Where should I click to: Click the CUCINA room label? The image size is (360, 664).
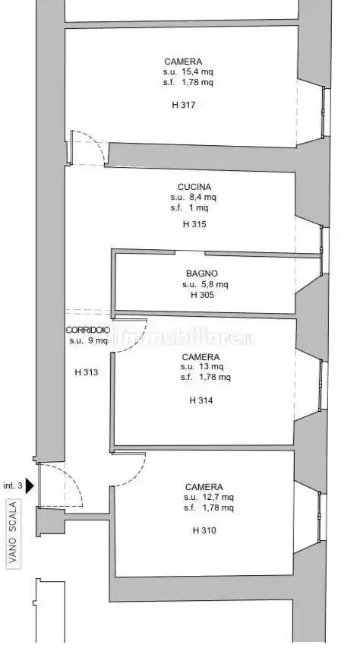pyautogui.click(x=194, y=187)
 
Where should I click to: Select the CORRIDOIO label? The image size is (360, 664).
pyautogui.click(x=88, y=330)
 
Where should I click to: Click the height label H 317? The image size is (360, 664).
pyautogui.click(x=184, y=105)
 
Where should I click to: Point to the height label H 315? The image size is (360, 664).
pyautogui.click(x=194, y=224)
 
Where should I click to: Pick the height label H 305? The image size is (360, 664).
pyautogui.click(x=203, y=295)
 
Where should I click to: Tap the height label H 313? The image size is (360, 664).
pyautogui.click(x=87, y=372)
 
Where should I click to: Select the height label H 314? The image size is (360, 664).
pyautogui.click(x=201, y=400)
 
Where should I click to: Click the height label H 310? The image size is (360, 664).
pyautogui.click(x=204, y=530)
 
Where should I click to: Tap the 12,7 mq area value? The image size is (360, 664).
pyautogui.click(x=220, y=498)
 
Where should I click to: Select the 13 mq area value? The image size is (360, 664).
pyautogui.click(x=214, y=367)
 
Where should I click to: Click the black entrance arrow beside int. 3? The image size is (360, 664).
pyautogui.click(x=30, y=485)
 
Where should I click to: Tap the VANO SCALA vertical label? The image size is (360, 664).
pyautogui.click(x=13, y=532)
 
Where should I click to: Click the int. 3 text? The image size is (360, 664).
pyautogui.click(x=13, y=485)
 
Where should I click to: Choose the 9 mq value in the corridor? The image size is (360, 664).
pyautogui.click(x=98, y=340)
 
